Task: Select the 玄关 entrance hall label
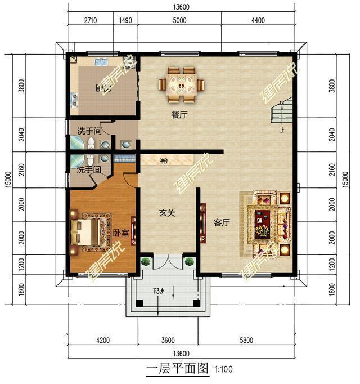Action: [167, 213]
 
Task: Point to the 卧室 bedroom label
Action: [119, 233]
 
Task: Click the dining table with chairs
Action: [181, 85]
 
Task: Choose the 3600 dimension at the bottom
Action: [167, 340]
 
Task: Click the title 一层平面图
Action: [177, 370]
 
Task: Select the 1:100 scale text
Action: [223, 370]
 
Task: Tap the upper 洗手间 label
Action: [89, 131]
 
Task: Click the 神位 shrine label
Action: [164, 162]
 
